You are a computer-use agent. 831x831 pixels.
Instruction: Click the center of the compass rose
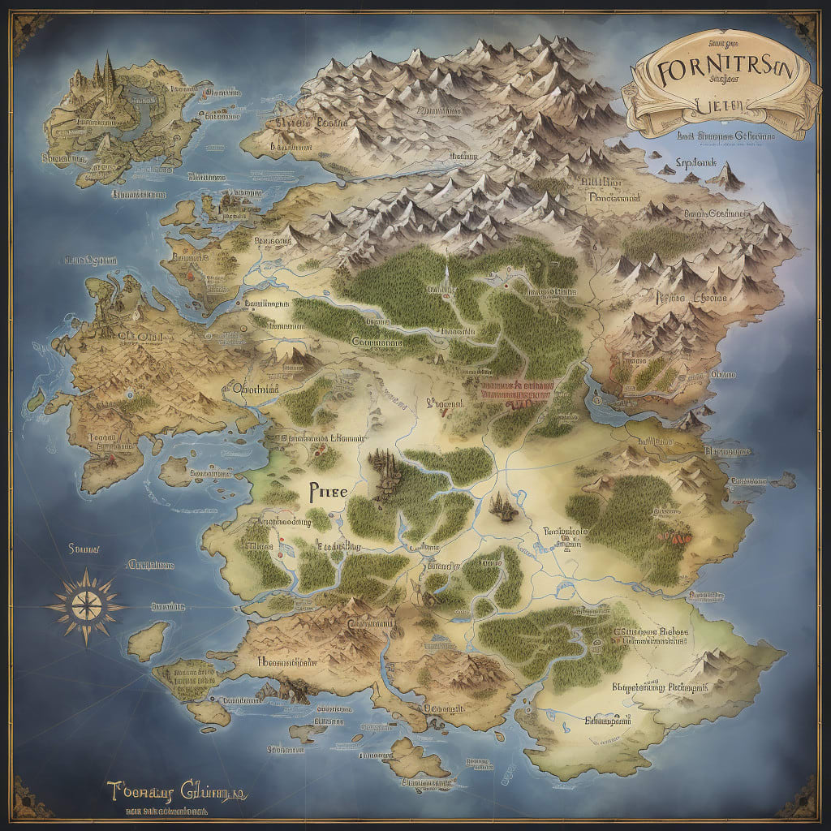click(x=86, y=605)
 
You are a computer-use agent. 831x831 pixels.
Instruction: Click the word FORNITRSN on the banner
click(x=718, y=71)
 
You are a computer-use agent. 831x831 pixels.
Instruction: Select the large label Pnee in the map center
click(x=328, y=491)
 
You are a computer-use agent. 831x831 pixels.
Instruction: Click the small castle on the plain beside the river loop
click(x=501, y=507)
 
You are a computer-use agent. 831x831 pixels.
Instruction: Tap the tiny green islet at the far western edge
click(x=35, y=399)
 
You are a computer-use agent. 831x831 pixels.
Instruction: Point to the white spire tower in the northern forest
click(x=446, y=276)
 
